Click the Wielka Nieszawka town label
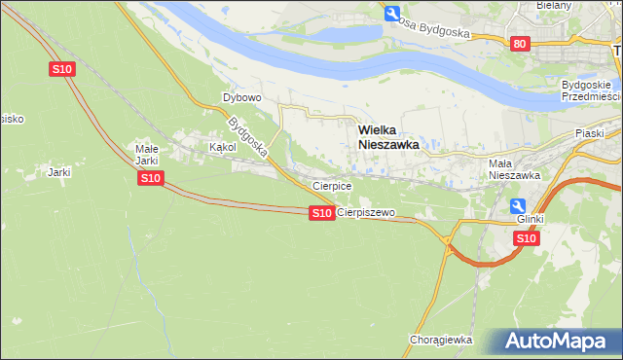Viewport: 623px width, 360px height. click(x=388, y=135)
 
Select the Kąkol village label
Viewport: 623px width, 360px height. click(x=223, y=148)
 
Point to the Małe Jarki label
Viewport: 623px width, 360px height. click(x=146, y=155)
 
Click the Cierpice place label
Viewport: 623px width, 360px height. click(x=331, y=185)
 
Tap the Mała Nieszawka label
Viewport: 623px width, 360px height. click(x=514, y=169)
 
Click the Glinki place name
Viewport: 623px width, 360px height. click(x=531, y=220)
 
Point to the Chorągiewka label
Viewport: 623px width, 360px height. click(x=441, y=340)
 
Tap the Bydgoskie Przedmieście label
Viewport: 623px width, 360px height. click(x=591, y=90)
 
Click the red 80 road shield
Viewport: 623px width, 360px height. click(x=520, y=43)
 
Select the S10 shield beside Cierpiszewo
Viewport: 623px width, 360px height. click(x=321, y=213)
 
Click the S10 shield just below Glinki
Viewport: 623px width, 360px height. click(x=526, y=237)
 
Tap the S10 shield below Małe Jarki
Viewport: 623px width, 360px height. click(x=149, y=178)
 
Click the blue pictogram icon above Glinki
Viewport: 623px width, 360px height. click(x=519, y=205)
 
